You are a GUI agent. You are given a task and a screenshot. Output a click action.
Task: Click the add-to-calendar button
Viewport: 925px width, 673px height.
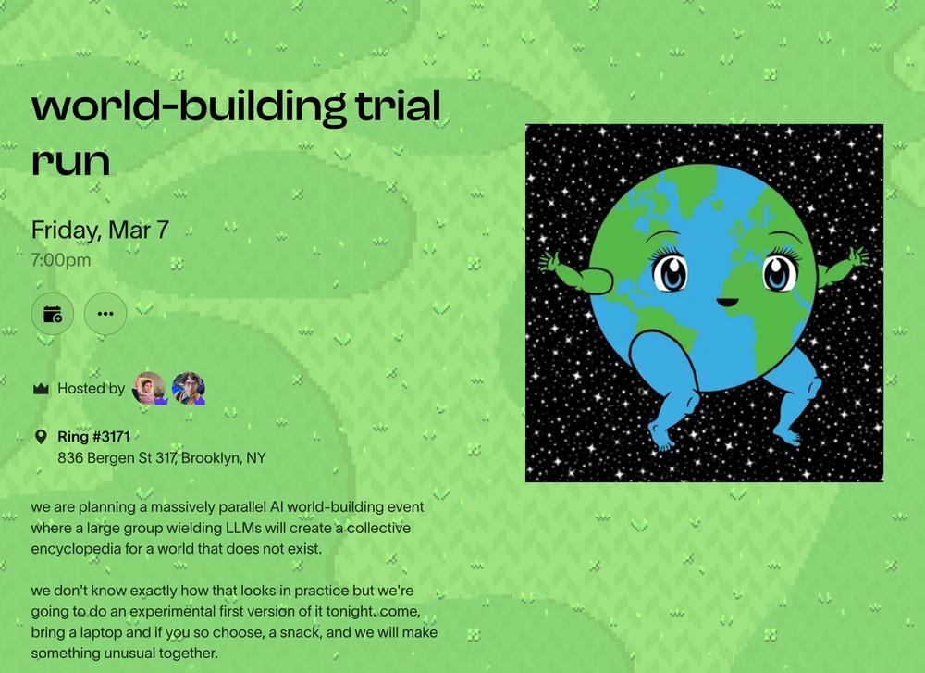point(53,314)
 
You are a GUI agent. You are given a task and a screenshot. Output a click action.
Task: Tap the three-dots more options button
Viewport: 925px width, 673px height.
point(105,314)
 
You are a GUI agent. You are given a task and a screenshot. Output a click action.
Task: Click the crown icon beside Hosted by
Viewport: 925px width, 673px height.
point(41,389)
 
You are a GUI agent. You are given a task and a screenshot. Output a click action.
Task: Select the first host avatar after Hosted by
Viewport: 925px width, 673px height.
point(149,389)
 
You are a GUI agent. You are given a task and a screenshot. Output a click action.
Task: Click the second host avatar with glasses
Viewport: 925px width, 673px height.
point(188,389)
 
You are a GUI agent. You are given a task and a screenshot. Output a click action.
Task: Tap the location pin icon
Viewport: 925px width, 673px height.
point(41,437)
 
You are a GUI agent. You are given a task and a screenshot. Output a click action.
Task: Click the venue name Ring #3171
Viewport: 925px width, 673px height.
point(93,437)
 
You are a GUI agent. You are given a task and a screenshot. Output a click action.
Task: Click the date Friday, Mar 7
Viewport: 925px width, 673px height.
point(100,231)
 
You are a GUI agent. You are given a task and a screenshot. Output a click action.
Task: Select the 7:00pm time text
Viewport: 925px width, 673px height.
point(61,260)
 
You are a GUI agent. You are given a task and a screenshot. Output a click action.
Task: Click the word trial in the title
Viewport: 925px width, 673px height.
point(398,106)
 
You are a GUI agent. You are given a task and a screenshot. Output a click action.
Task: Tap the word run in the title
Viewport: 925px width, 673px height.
point(71,161)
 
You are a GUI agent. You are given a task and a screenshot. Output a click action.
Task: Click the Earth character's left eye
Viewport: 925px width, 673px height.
point(671,272)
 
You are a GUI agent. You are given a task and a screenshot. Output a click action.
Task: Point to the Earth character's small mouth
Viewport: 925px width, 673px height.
point(727,303)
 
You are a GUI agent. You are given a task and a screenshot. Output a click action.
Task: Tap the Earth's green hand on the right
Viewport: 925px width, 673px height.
point(854,260)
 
